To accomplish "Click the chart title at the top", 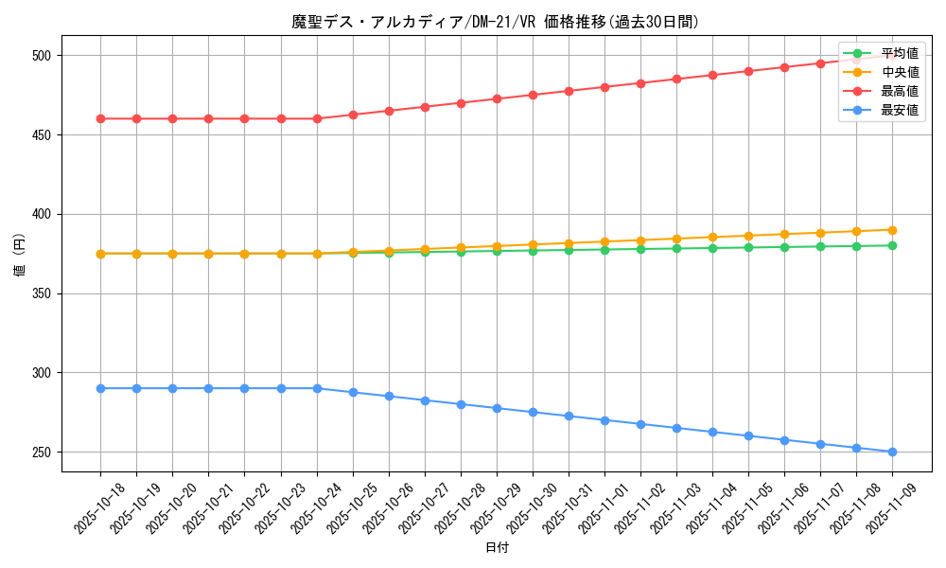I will click(496, 22).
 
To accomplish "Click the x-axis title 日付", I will click(497, 548).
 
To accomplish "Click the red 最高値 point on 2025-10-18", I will click(100, 118).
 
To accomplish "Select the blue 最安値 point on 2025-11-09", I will click(892, 452).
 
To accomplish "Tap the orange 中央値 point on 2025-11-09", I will click(892, 230).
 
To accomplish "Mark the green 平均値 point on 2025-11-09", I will click(892, 246).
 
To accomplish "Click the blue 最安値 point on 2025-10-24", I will click(317, 388).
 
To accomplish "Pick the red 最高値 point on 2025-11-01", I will click(604, 87).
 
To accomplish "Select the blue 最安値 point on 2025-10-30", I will click(533, 412).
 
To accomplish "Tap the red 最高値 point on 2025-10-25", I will click(353, 115).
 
